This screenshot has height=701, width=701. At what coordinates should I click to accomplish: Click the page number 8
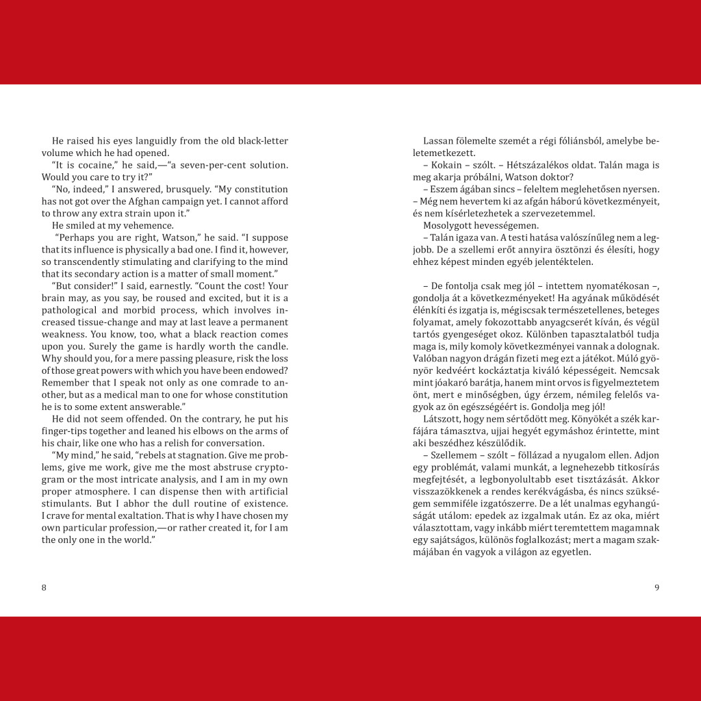[44, 587]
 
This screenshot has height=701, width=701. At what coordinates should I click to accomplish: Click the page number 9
[657, 587]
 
